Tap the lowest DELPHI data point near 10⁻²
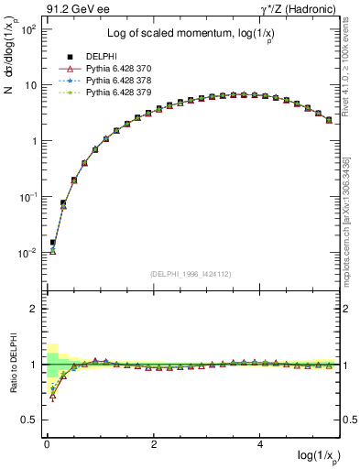pos(52,243)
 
